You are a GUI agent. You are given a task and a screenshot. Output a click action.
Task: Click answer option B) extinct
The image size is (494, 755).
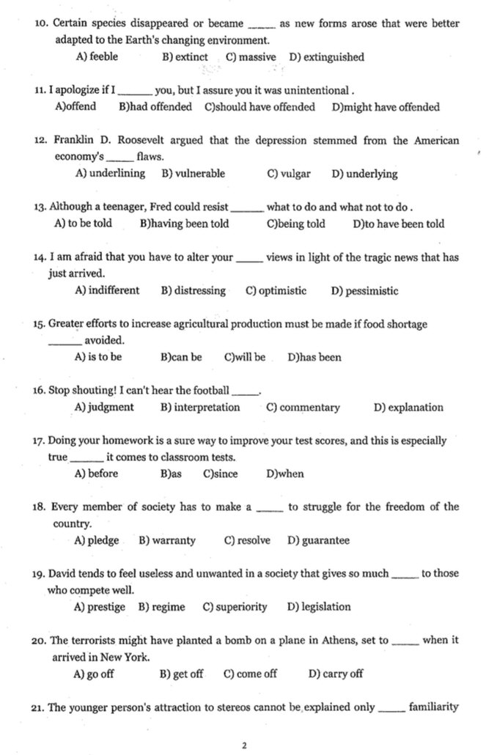[x=184, y=56]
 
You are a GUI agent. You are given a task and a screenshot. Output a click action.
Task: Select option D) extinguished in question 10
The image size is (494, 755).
[x=326, y=56]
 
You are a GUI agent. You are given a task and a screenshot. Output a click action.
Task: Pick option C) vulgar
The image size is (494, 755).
[x=289, y=174]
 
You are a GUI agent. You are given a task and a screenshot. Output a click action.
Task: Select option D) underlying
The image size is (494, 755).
[x=364, y=174]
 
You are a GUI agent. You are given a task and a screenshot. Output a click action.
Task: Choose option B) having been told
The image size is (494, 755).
[x=183, y=224]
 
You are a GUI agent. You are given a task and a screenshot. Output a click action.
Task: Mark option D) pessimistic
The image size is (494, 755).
[x=364, y=291]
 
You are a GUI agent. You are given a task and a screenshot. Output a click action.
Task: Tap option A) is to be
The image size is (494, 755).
[x=98, y=358]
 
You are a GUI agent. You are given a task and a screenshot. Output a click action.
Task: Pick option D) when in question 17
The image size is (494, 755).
[x=285, y=474]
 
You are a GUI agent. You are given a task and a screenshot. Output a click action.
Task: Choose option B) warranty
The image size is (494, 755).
[x=167, y=541]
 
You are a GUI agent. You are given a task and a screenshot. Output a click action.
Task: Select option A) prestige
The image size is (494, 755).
[x=97, y=607]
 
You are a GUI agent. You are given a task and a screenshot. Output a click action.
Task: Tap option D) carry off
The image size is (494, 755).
[x=336, y=674]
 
